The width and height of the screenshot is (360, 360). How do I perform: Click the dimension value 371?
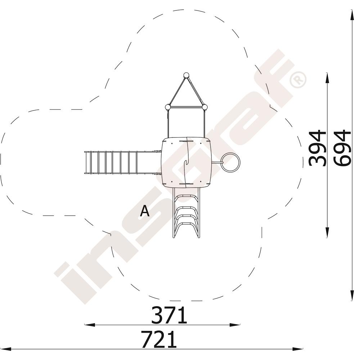pos(169,315)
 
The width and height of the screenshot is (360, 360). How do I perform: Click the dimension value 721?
pos(159,339)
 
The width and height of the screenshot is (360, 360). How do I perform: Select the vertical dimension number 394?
pos(318,148)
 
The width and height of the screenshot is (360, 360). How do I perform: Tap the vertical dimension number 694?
pos(342,148)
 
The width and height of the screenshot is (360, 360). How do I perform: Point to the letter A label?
pos(145,211)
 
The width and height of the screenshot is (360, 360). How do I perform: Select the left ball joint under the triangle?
pos(168,107)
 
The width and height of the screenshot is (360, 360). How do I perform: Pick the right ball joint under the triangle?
pos(204,107)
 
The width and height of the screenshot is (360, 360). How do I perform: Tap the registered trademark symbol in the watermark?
pos(298,80)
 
